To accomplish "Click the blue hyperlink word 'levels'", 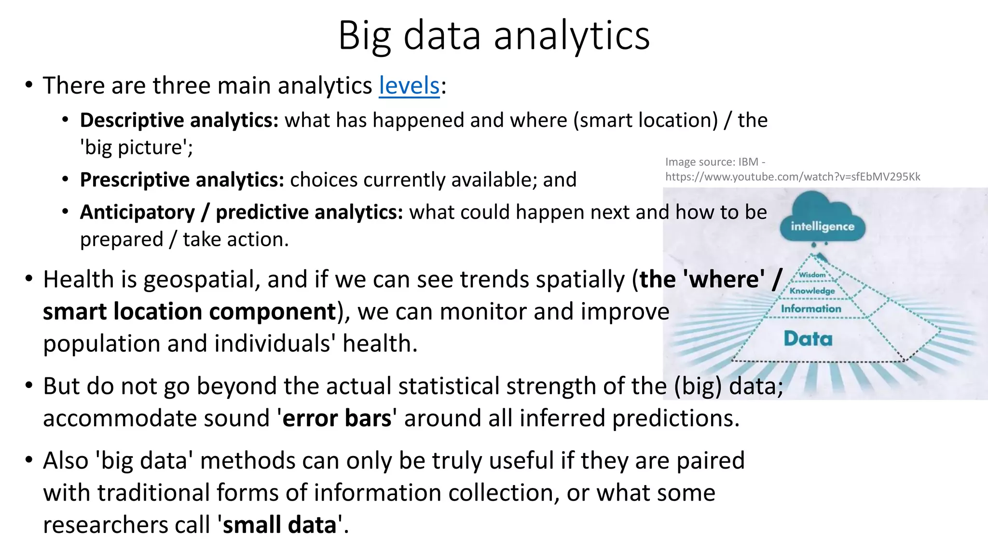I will [x=409, y=86].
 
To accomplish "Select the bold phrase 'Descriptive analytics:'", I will [x=179, y=121].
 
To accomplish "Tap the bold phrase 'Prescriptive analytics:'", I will [x=182, y=180].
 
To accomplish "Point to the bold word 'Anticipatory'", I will [x=137, y=212].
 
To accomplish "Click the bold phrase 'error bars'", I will [x=337, y=418].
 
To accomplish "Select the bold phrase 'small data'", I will [x=279, y=525].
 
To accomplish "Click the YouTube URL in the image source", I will [x=793, y=177].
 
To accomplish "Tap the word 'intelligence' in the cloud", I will [x=822, y=226].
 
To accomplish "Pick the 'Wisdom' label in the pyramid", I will [x=812, y=275].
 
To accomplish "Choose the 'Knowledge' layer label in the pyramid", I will [x=812, y=291].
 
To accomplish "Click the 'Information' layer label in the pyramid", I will [x=811, y=308].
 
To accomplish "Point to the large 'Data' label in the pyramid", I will [x=808, y=338].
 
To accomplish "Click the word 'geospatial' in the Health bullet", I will [x=201, y=280].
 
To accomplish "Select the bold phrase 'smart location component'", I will [x=189, y=312].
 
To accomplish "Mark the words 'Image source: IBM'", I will [x=711, y=162].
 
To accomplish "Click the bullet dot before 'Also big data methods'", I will [x=29, y=460].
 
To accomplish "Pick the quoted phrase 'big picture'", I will [x=136, y=148].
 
